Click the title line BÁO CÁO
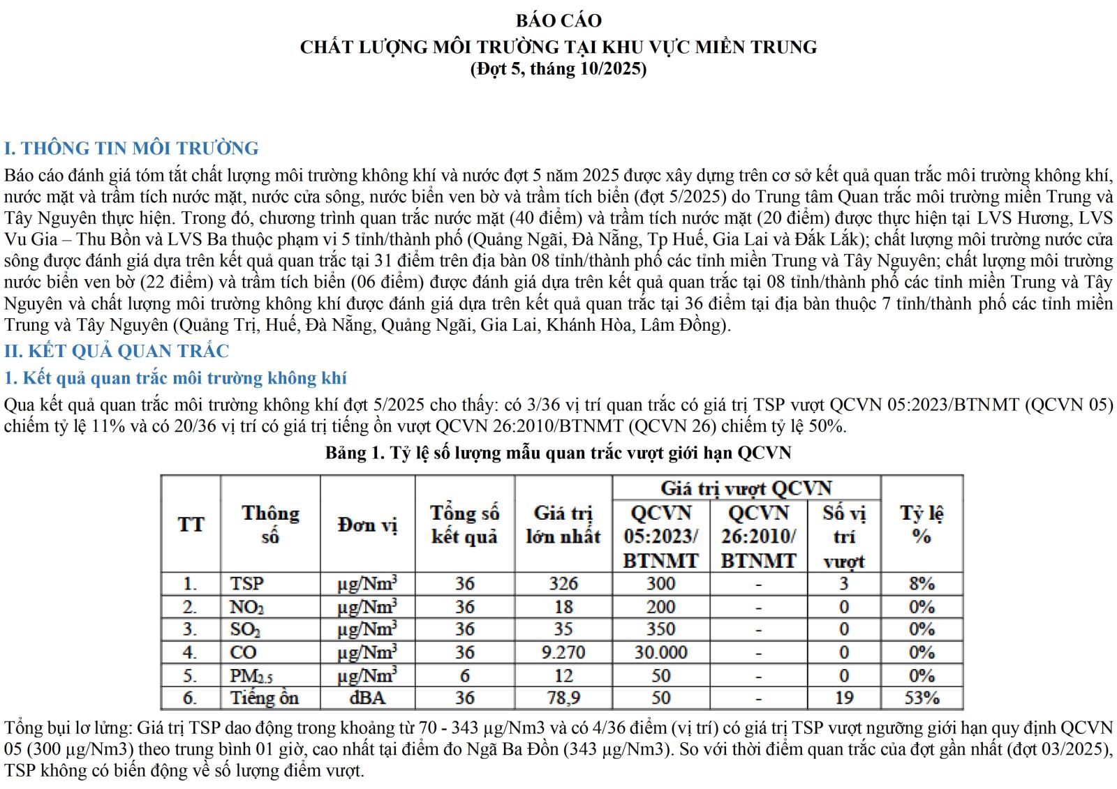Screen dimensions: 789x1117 point(558,21)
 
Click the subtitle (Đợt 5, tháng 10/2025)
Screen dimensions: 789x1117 point(558,69)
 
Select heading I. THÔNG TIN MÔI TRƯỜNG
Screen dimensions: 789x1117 point(131,149)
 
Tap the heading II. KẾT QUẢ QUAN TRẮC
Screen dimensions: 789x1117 point(117,351)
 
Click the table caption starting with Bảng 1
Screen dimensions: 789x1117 point(558,453)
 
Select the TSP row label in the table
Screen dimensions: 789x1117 point(247,584)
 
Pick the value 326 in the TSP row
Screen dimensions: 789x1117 point(563,584)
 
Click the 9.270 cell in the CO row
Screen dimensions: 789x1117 point(563,653)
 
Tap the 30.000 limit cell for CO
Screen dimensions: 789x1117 point(660,653)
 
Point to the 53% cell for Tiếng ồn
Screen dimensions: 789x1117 point(922,698)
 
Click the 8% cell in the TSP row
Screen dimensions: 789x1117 point(922,584)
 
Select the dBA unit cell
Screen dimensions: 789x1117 point(367,698)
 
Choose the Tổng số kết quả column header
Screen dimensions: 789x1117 point(464,525)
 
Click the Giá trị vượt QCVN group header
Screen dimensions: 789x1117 point(746,488)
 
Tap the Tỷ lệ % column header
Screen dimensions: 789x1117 point(922,525)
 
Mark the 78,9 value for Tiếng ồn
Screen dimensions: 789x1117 point(563,698)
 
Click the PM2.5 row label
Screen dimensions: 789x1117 point(251,676)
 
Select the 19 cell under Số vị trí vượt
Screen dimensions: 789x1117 point(844,698)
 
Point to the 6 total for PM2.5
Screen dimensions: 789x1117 point(464,676)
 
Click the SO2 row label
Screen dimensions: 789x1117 point(245,630)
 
